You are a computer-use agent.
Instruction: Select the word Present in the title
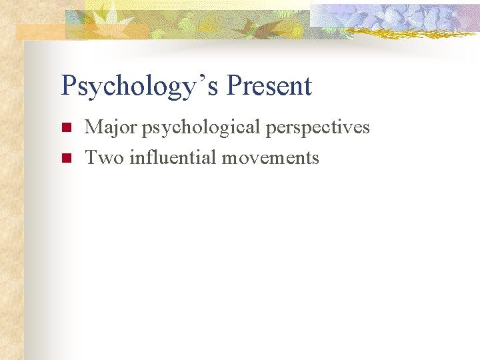click(269, 86)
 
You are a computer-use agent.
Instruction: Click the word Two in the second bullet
click(104, 157)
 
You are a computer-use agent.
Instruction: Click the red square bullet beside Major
click(65, 127)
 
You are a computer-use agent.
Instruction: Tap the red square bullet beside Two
click(65, 158)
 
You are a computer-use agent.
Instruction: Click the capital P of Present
click(235, 86)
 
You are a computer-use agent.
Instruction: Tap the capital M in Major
click(94, 127)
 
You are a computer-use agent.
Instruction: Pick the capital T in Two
click(92, 157)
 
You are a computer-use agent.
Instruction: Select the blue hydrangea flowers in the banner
click(400, 16)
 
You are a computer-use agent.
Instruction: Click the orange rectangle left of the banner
click(40, 31)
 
